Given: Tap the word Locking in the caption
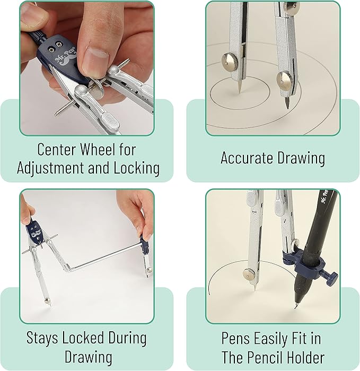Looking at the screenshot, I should [x=136, y=168].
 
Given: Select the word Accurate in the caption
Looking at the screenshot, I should [x=246, y=158].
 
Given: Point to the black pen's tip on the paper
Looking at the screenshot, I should [x=295, y=307].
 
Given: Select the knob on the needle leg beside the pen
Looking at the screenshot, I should [x=249, y=273].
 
